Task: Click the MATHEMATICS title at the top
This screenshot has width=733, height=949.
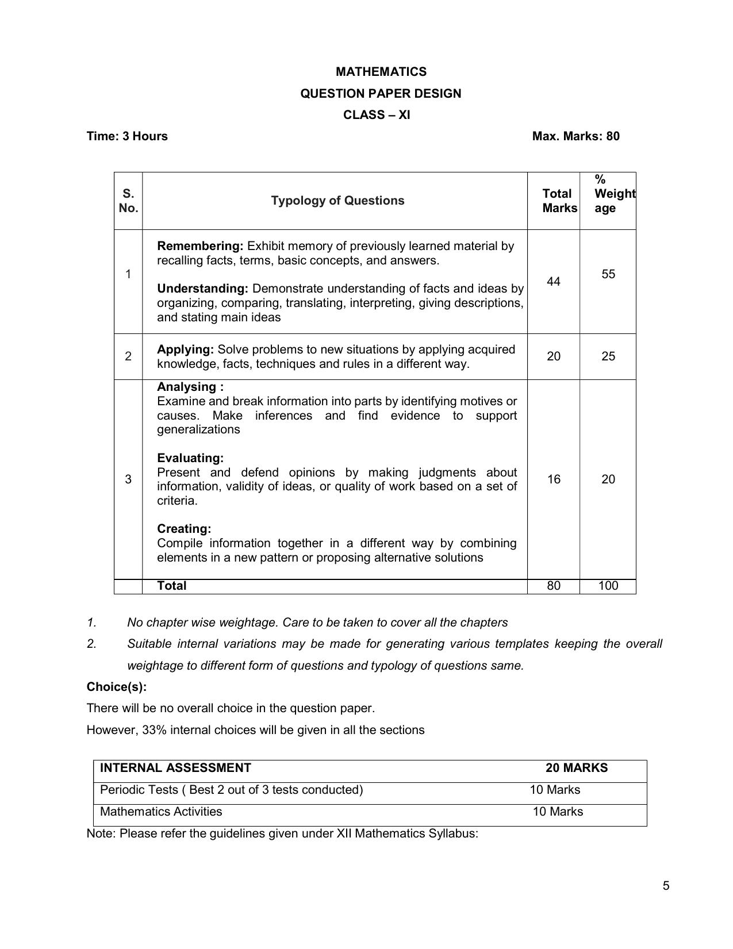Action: coord(381,72)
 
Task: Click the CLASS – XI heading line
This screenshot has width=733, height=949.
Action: coord(377,115)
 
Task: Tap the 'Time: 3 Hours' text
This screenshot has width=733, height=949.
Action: coord(127,136)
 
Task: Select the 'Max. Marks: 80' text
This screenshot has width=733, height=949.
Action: coord(575,136)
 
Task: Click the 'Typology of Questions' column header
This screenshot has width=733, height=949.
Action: coord(337,201)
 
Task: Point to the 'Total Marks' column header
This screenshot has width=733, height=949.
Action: coord(559,201)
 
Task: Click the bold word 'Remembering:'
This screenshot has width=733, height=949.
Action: coord(200,246)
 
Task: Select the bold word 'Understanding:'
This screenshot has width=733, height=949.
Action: coord(202,289)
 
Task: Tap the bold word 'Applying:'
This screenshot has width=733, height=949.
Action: coord(185,349)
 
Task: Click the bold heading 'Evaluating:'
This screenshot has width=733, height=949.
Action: coord(190,458)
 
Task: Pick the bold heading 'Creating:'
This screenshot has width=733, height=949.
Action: coord(184,529)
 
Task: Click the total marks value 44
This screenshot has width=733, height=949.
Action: coord(553,281)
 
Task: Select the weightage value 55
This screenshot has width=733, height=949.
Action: coord(608,274)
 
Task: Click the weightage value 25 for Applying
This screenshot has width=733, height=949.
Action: coord(608,356)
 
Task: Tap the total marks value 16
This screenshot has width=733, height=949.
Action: coord(553,479)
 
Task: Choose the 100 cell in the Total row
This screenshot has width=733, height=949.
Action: coord(608,586)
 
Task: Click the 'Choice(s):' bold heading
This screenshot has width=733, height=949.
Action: coord(117,687)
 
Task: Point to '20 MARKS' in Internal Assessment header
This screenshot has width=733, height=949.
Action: coord(576,768)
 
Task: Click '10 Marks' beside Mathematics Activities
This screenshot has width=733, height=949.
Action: coord(557,812)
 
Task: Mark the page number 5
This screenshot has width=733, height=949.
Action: coord(666,886)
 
